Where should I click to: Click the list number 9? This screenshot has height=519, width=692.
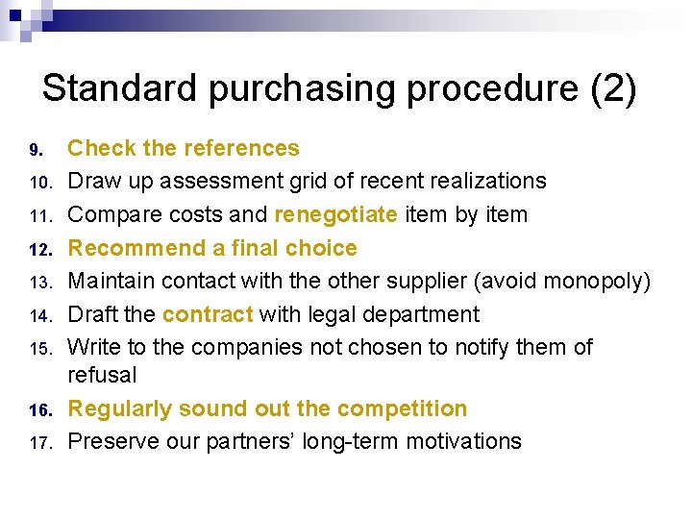(36, 150)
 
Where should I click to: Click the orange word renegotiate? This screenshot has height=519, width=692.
(335, 214)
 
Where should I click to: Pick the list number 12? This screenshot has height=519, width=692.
(37, 249)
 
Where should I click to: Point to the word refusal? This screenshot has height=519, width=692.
(102, 375)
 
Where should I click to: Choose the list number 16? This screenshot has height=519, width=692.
(37, 410)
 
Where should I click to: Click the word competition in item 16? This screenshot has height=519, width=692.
(396, 408)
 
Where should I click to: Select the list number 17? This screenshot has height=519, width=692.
(37, 443)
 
